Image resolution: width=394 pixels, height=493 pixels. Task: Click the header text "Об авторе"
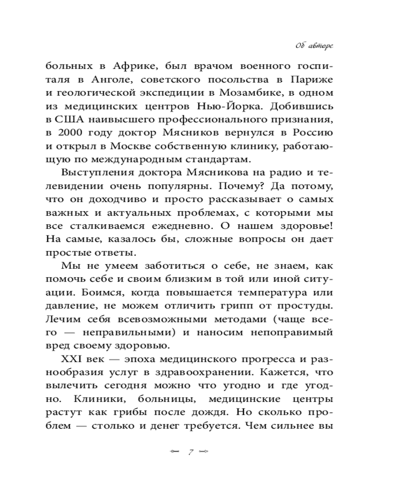(x=314, y=46)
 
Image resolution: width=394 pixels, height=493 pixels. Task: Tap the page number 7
(x=190, y=451)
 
